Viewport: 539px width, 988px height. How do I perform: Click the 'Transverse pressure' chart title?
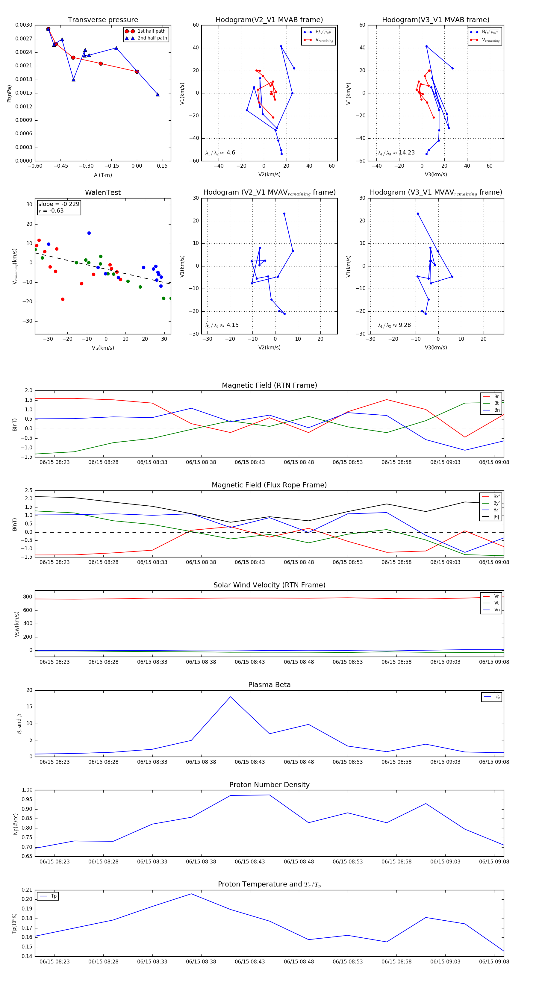click(103, 20)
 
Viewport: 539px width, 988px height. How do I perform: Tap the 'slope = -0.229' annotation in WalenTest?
click(59, 204)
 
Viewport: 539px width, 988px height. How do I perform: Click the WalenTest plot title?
click(103, 193)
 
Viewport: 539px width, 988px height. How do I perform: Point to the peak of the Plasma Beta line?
click(230, 696)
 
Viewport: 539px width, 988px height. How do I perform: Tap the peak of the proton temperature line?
click(191, 894)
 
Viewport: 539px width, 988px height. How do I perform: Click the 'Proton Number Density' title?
click(269, 785)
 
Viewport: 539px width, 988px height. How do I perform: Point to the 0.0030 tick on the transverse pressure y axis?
click(24, 25)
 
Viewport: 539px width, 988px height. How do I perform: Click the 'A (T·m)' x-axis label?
click(103, 175)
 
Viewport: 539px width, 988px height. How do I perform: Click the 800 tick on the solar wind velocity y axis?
click(28, 597)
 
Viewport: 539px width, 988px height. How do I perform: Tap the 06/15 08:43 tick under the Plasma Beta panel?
click(250, 762)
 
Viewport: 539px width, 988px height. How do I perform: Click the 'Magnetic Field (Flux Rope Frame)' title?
click(269, 485)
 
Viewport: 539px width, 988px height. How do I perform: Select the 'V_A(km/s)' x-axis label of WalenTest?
click(103, 348)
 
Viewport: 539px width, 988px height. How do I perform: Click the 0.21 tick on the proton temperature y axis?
click(27, 890)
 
